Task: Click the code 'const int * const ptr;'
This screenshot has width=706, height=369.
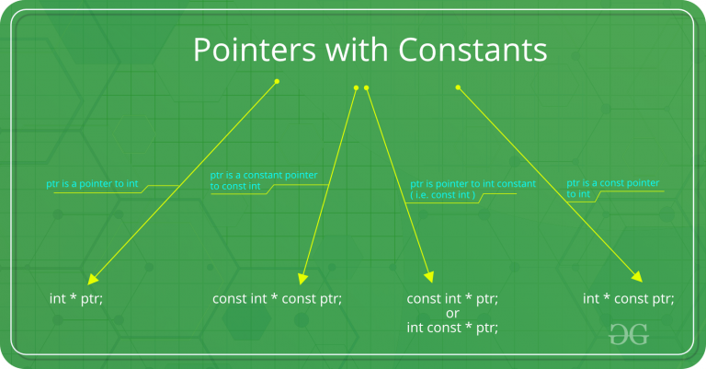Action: pos(277,298)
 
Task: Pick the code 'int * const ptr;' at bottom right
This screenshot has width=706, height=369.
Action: pos(629,298)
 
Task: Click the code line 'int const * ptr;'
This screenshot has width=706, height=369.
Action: pos(452,328)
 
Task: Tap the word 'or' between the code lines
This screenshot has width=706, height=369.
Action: pos(452,313)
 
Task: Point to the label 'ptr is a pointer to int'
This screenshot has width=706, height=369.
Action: pos(92,184)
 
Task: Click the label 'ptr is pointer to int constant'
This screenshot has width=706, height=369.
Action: pos(473,184)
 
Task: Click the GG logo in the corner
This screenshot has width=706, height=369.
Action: pos(629,334)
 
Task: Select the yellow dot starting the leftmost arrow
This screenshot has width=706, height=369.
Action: pos(277,81)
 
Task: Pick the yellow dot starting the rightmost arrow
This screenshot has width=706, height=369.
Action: pos(458,88)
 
